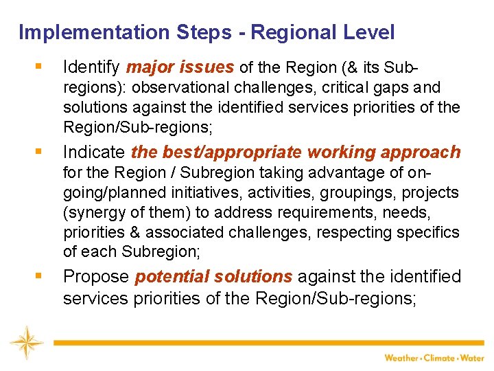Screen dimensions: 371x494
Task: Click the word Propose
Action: [96, 277]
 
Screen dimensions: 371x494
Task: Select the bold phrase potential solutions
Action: [214, 277]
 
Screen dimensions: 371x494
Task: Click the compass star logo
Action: [26, 343]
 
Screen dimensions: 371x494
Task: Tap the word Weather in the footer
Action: [401, 358]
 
